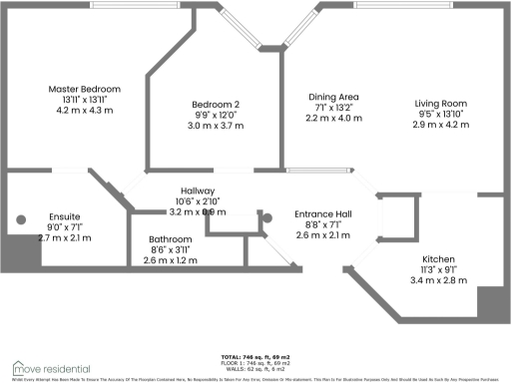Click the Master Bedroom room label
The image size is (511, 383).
(x=85, y=90)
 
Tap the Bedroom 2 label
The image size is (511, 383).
(x=217, y=105)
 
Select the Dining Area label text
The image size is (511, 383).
(x=333, y=97)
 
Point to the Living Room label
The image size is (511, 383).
(x=440, y=103)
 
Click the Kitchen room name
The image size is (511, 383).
(x=439, y=257)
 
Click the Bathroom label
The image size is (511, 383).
(x=170, y=239)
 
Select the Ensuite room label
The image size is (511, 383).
(x=64, y=216)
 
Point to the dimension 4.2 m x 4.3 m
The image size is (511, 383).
(x=85, y=111)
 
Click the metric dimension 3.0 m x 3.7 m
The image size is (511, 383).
(x=217, y=126)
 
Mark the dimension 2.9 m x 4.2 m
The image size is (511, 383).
(x=440, y=124)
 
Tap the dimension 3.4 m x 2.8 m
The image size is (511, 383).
(x=439, y=279)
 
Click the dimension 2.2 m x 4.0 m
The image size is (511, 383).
(x=333, y=118)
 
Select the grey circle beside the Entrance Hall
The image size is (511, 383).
(x=265, y=217)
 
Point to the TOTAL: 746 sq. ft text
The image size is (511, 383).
(x=255, y=356)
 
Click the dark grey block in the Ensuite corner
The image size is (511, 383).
(x=22, y=252)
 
